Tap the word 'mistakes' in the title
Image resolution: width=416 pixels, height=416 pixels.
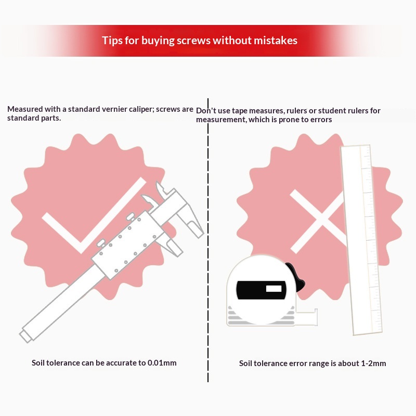(276, 41)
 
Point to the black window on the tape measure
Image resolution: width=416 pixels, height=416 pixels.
(261, 290)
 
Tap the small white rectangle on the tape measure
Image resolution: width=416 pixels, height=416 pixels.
(274, 289)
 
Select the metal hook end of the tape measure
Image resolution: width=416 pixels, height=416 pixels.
(315, 317)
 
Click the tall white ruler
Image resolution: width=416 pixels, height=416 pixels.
(361, 240)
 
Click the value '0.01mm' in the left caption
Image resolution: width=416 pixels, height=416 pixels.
(162, 362)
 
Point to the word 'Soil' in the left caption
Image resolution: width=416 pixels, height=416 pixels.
(38, 362)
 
